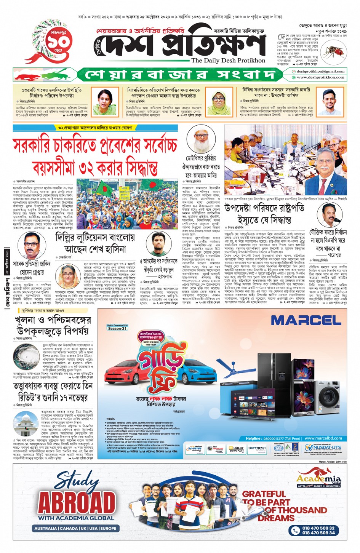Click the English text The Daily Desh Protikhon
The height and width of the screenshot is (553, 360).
[x=228, y=61]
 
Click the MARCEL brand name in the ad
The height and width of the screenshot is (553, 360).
[x=306, y=320]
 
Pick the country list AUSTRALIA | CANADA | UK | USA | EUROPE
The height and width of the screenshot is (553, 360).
[x=75, y=528]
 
